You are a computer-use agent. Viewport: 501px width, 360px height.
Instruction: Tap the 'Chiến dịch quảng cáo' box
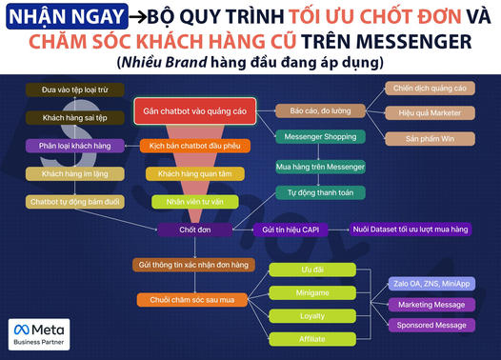pyautogui.click(x=431, y=89)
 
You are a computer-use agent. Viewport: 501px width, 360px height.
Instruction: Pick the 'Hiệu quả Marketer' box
pyautogui.click(x=431, y=113)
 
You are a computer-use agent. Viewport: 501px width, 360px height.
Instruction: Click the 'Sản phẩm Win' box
pyautogui.click(x=431, y=138)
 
